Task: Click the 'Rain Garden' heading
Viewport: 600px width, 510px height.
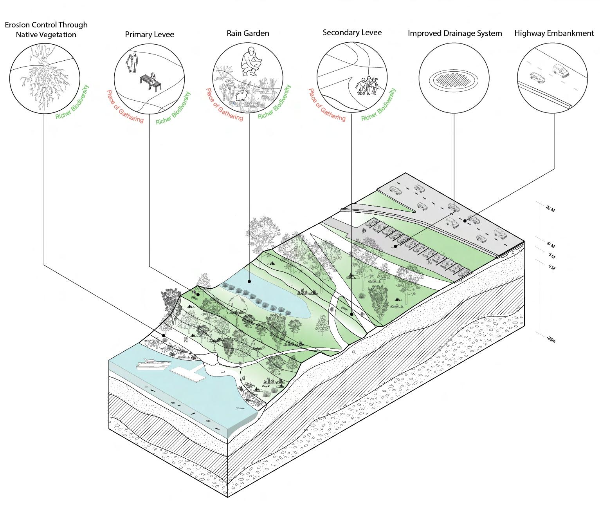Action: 248,33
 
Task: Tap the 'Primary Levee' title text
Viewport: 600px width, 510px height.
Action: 150,34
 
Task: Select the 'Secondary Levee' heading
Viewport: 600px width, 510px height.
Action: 352,33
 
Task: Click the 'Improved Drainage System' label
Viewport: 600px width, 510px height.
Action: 455,33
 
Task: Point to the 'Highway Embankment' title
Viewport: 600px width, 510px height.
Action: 554,33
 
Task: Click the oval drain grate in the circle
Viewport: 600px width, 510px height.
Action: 454,80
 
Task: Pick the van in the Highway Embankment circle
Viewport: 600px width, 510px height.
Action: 561,71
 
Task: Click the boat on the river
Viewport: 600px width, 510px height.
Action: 154,364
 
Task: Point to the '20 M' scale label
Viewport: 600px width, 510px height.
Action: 550,209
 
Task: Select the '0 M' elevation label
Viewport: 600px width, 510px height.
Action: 551,267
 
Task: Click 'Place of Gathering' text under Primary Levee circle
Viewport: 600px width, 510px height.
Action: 125,107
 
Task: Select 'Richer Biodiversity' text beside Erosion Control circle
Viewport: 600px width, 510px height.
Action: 72,103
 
